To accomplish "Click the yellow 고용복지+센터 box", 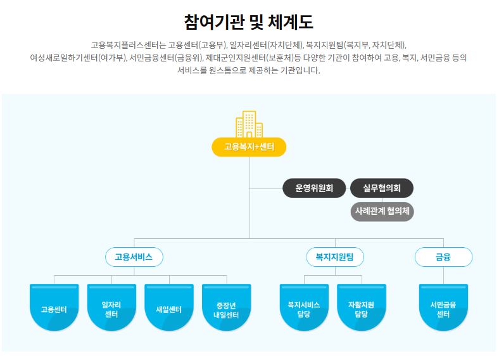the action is coord(249,147).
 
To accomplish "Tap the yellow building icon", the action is coord(249,124).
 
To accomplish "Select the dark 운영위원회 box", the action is coord(314,188).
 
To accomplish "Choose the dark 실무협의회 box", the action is coord(382,188).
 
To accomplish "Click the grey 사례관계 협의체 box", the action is coord(382,211).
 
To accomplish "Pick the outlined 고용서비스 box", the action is coord(134,257).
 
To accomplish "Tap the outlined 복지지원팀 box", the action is coord(334,257).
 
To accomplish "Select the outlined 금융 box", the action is coord(443,257).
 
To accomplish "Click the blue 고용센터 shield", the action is coord(54,308).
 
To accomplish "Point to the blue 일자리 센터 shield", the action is coord(111,308).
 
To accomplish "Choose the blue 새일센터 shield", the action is coord(169,308).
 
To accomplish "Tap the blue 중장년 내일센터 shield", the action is coord(226,308).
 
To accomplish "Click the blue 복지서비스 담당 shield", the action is coord(304,308).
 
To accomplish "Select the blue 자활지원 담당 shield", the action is coord(362,308).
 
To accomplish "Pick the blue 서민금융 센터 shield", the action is coord(443,308).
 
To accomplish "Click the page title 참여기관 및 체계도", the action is coord(249,22).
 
